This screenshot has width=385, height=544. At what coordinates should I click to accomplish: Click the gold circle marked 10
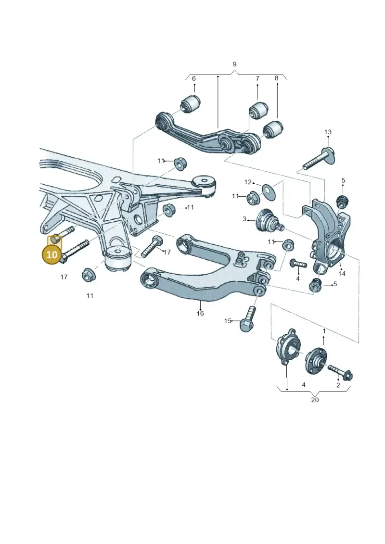(51, 254)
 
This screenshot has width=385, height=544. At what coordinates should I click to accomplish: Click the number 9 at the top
(235, 64)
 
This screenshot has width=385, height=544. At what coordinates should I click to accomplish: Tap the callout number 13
(328, 132)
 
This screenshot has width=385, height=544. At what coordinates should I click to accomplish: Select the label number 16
(200, 313)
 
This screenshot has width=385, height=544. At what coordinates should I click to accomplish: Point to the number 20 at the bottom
(315, 400)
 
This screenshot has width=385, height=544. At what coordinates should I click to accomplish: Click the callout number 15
(227, 321)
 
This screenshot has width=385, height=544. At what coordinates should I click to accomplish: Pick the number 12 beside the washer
(248, 182)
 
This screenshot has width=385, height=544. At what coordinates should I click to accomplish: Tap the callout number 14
(342, 273)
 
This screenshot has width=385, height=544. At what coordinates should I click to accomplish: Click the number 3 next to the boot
(244, 219)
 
